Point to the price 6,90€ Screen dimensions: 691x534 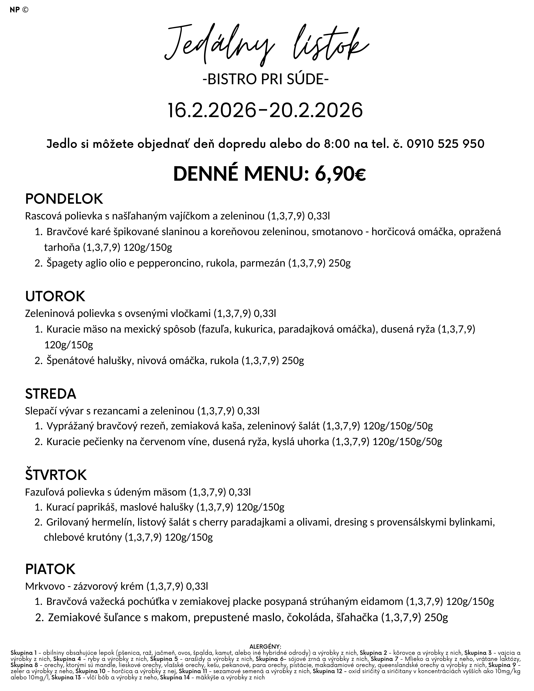click(340, 174)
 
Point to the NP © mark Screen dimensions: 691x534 click(19, 10)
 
